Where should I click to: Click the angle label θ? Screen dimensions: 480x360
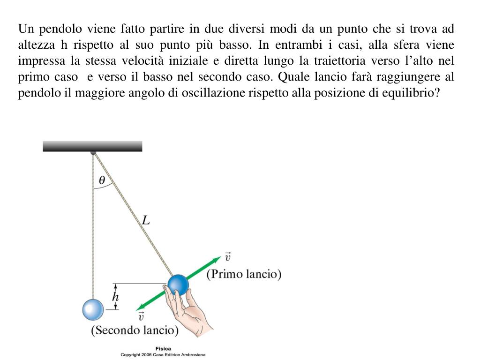pyautogui.click(x=102, y=180)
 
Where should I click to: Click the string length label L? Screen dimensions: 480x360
pyautogui.click(x=146, y=220)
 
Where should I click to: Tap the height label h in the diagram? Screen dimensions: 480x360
pyautogui.click(x=115, y=296)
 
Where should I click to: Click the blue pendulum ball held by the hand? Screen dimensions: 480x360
pyautogui.click(x=178, y=285)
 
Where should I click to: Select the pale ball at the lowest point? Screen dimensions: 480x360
pyautogui.click(x=92, y=309)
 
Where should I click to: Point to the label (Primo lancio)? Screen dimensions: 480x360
pyautogui.click(x=244, y=274)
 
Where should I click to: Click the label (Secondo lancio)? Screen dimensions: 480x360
pyautogui.click(x=135, y=330)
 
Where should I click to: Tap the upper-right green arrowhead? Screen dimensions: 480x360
pyautogui.click(x=216, y=259)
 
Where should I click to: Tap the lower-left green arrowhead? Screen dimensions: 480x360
pyautogui.click(x=140, y=307)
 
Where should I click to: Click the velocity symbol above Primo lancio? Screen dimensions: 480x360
pyautogui.click(x=228, y=257)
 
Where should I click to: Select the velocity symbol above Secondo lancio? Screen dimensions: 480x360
pyautogui.click(x=141, y=317)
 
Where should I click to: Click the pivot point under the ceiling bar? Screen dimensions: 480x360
pyautogui.click(x=93, y=152)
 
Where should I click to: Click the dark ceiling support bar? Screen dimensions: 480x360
pyautogui.click(x=92, y=146)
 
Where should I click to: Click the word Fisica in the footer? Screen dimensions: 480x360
pyautogui.click(x=163, y=348)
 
